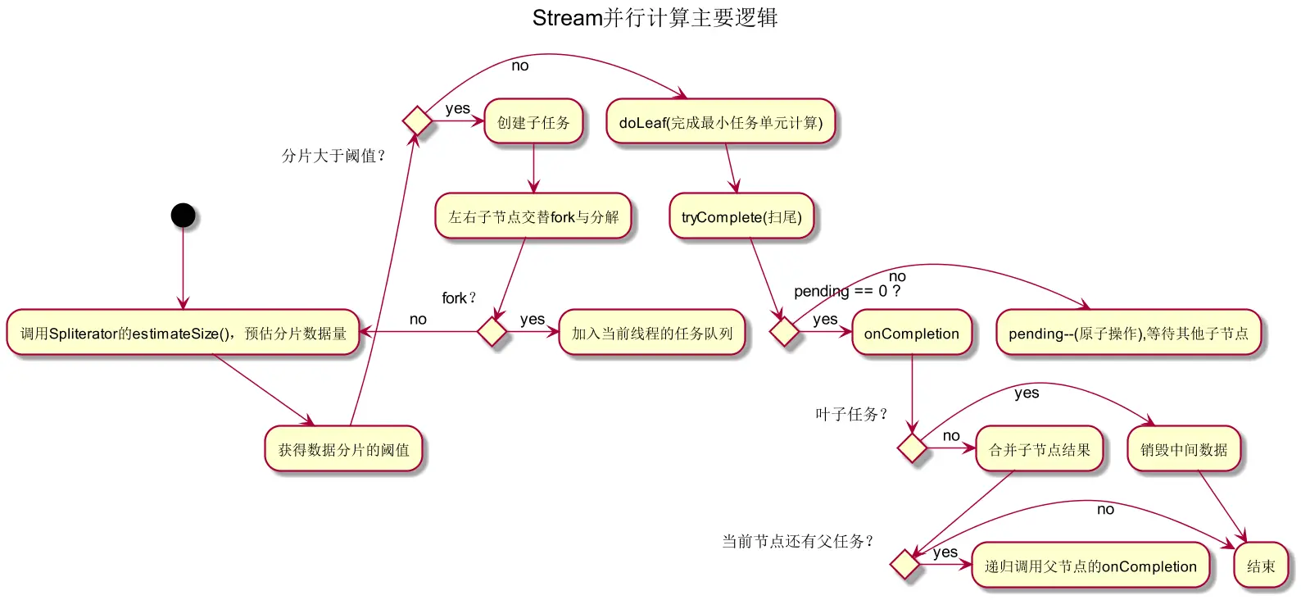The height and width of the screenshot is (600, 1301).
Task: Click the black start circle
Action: point(183,216)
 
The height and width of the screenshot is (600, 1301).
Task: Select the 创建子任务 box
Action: point(533,122)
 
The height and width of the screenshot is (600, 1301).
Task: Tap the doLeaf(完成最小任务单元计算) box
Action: point(720,122)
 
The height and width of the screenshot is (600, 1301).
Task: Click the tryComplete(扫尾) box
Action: point(741,216)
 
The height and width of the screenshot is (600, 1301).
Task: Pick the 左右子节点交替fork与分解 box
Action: point(533,216)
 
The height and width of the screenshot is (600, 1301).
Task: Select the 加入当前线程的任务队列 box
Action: point(652,333)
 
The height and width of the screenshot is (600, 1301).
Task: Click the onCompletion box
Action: point(912,333)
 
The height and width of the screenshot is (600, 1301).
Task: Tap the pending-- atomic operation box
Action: point(1128,333)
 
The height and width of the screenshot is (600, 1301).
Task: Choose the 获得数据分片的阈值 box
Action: point(343,449)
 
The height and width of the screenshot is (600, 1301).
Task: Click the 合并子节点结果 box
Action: point(1040,449)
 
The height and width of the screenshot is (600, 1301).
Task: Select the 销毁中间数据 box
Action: point(1184,449)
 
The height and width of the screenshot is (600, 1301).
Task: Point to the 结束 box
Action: point(1261,566)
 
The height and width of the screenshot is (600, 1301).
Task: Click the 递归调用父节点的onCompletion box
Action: point(1090,566)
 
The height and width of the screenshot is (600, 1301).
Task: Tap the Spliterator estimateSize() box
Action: point(184,333)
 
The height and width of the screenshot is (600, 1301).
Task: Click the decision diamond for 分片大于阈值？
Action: point(418,121)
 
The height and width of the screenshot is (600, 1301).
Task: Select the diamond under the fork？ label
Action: point(492,332)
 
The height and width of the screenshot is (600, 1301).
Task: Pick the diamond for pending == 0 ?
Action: point(785,332)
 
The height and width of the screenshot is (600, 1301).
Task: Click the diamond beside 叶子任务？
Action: point(912,448)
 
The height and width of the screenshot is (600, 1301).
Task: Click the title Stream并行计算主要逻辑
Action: point(655,18)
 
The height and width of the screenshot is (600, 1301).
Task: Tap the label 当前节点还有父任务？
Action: point(798,541)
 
